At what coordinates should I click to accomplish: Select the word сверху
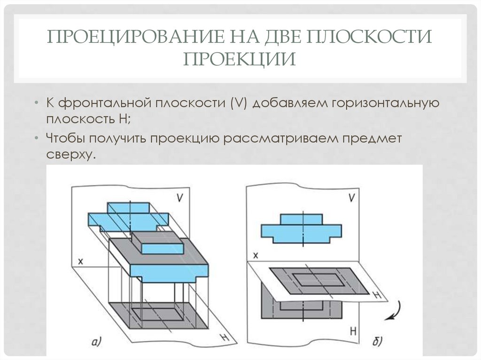coord(71,154)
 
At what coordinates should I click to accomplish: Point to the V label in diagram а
coord(180,198)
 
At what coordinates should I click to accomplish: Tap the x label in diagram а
coord(80,262)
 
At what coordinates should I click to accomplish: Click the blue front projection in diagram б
coord(301,228)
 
